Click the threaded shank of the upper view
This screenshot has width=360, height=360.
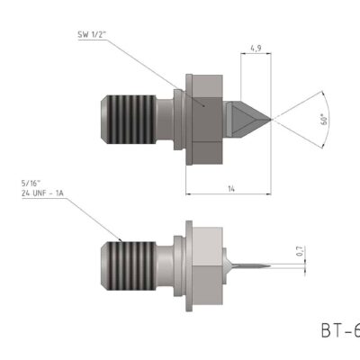[138, 115]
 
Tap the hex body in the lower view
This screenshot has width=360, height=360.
[206, 264]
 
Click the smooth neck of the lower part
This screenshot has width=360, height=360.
[168, 264]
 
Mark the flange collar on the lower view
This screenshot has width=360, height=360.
[188, 264]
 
